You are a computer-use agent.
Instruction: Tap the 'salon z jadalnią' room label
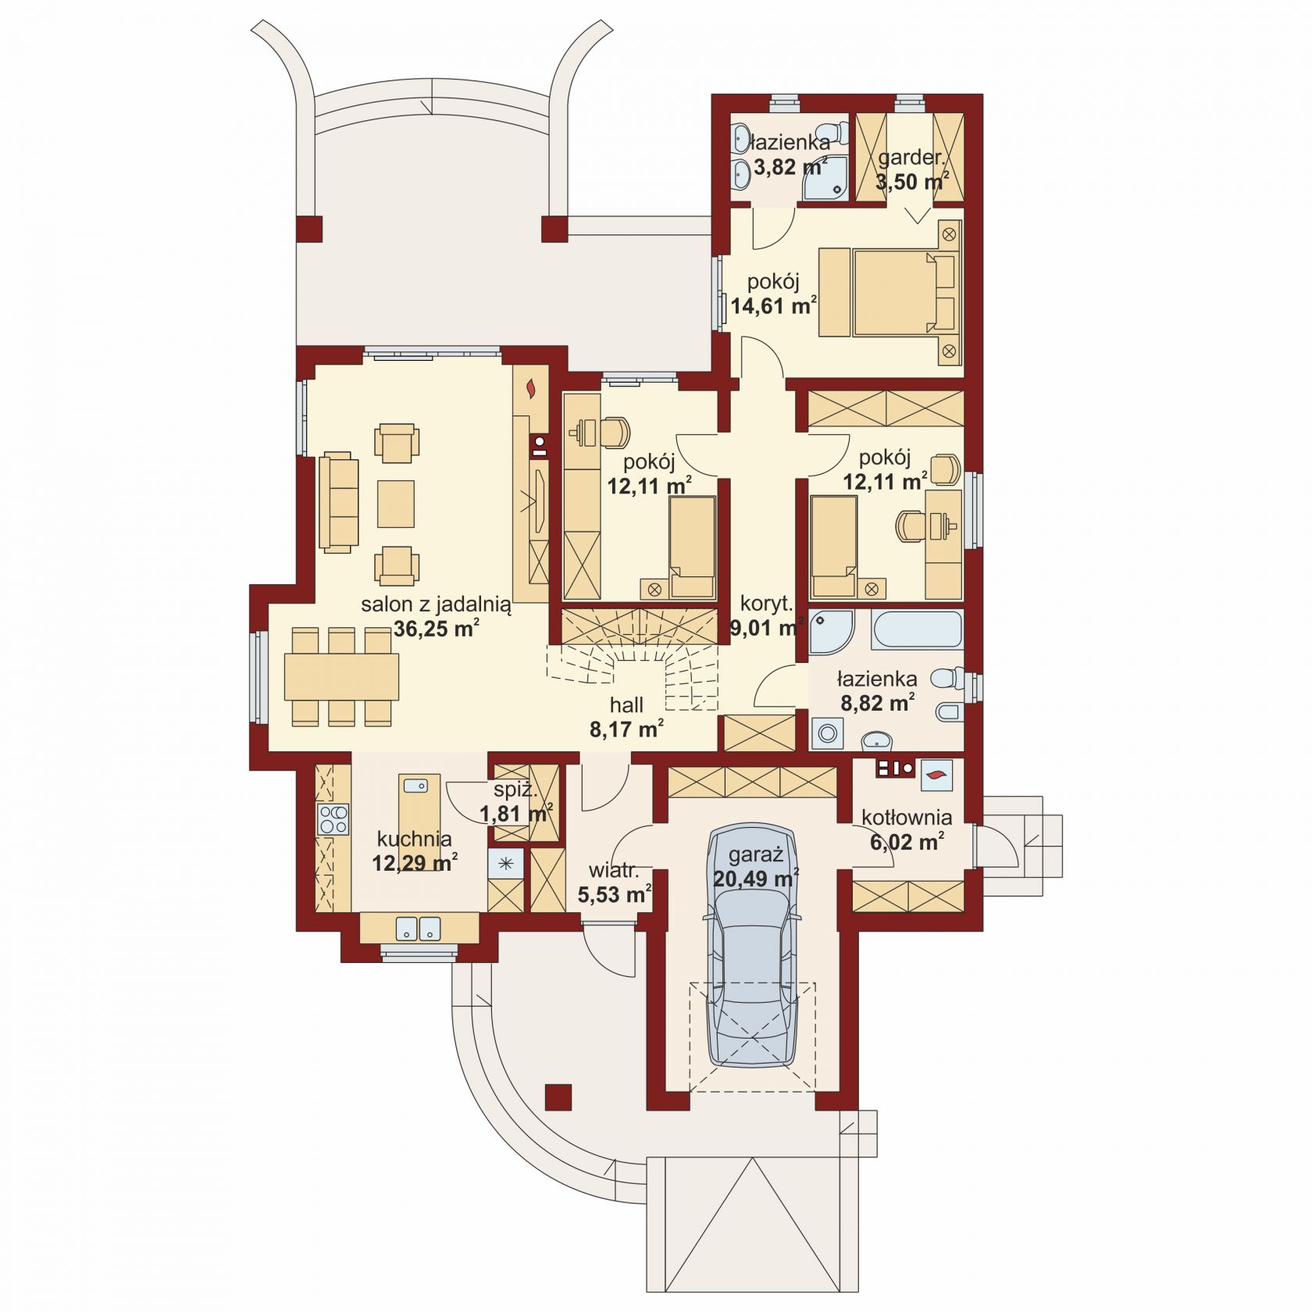coord(436,604)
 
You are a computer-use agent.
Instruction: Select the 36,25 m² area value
coord(436,629)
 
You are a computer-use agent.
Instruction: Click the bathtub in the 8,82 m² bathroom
coord(917,629)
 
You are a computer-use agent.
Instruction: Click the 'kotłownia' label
coord(907,818)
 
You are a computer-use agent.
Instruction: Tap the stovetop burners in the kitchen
coord(333,820)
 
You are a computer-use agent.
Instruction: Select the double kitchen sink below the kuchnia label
coord(419,928)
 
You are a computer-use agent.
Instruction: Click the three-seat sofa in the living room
coord(338,502)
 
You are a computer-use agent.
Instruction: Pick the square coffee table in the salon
coord(396,504)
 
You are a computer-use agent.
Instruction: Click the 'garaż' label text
coord(755,855)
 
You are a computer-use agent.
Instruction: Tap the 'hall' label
coord(626,705)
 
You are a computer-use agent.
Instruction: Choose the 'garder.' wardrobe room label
coord(911,158)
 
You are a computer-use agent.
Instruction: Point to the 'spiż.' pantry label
coord(515,790)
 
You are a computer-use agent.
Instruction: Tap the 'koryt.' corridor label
coord(766,603)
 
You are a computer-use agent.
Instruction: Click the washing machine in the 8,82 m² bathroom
coord(827,733)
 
